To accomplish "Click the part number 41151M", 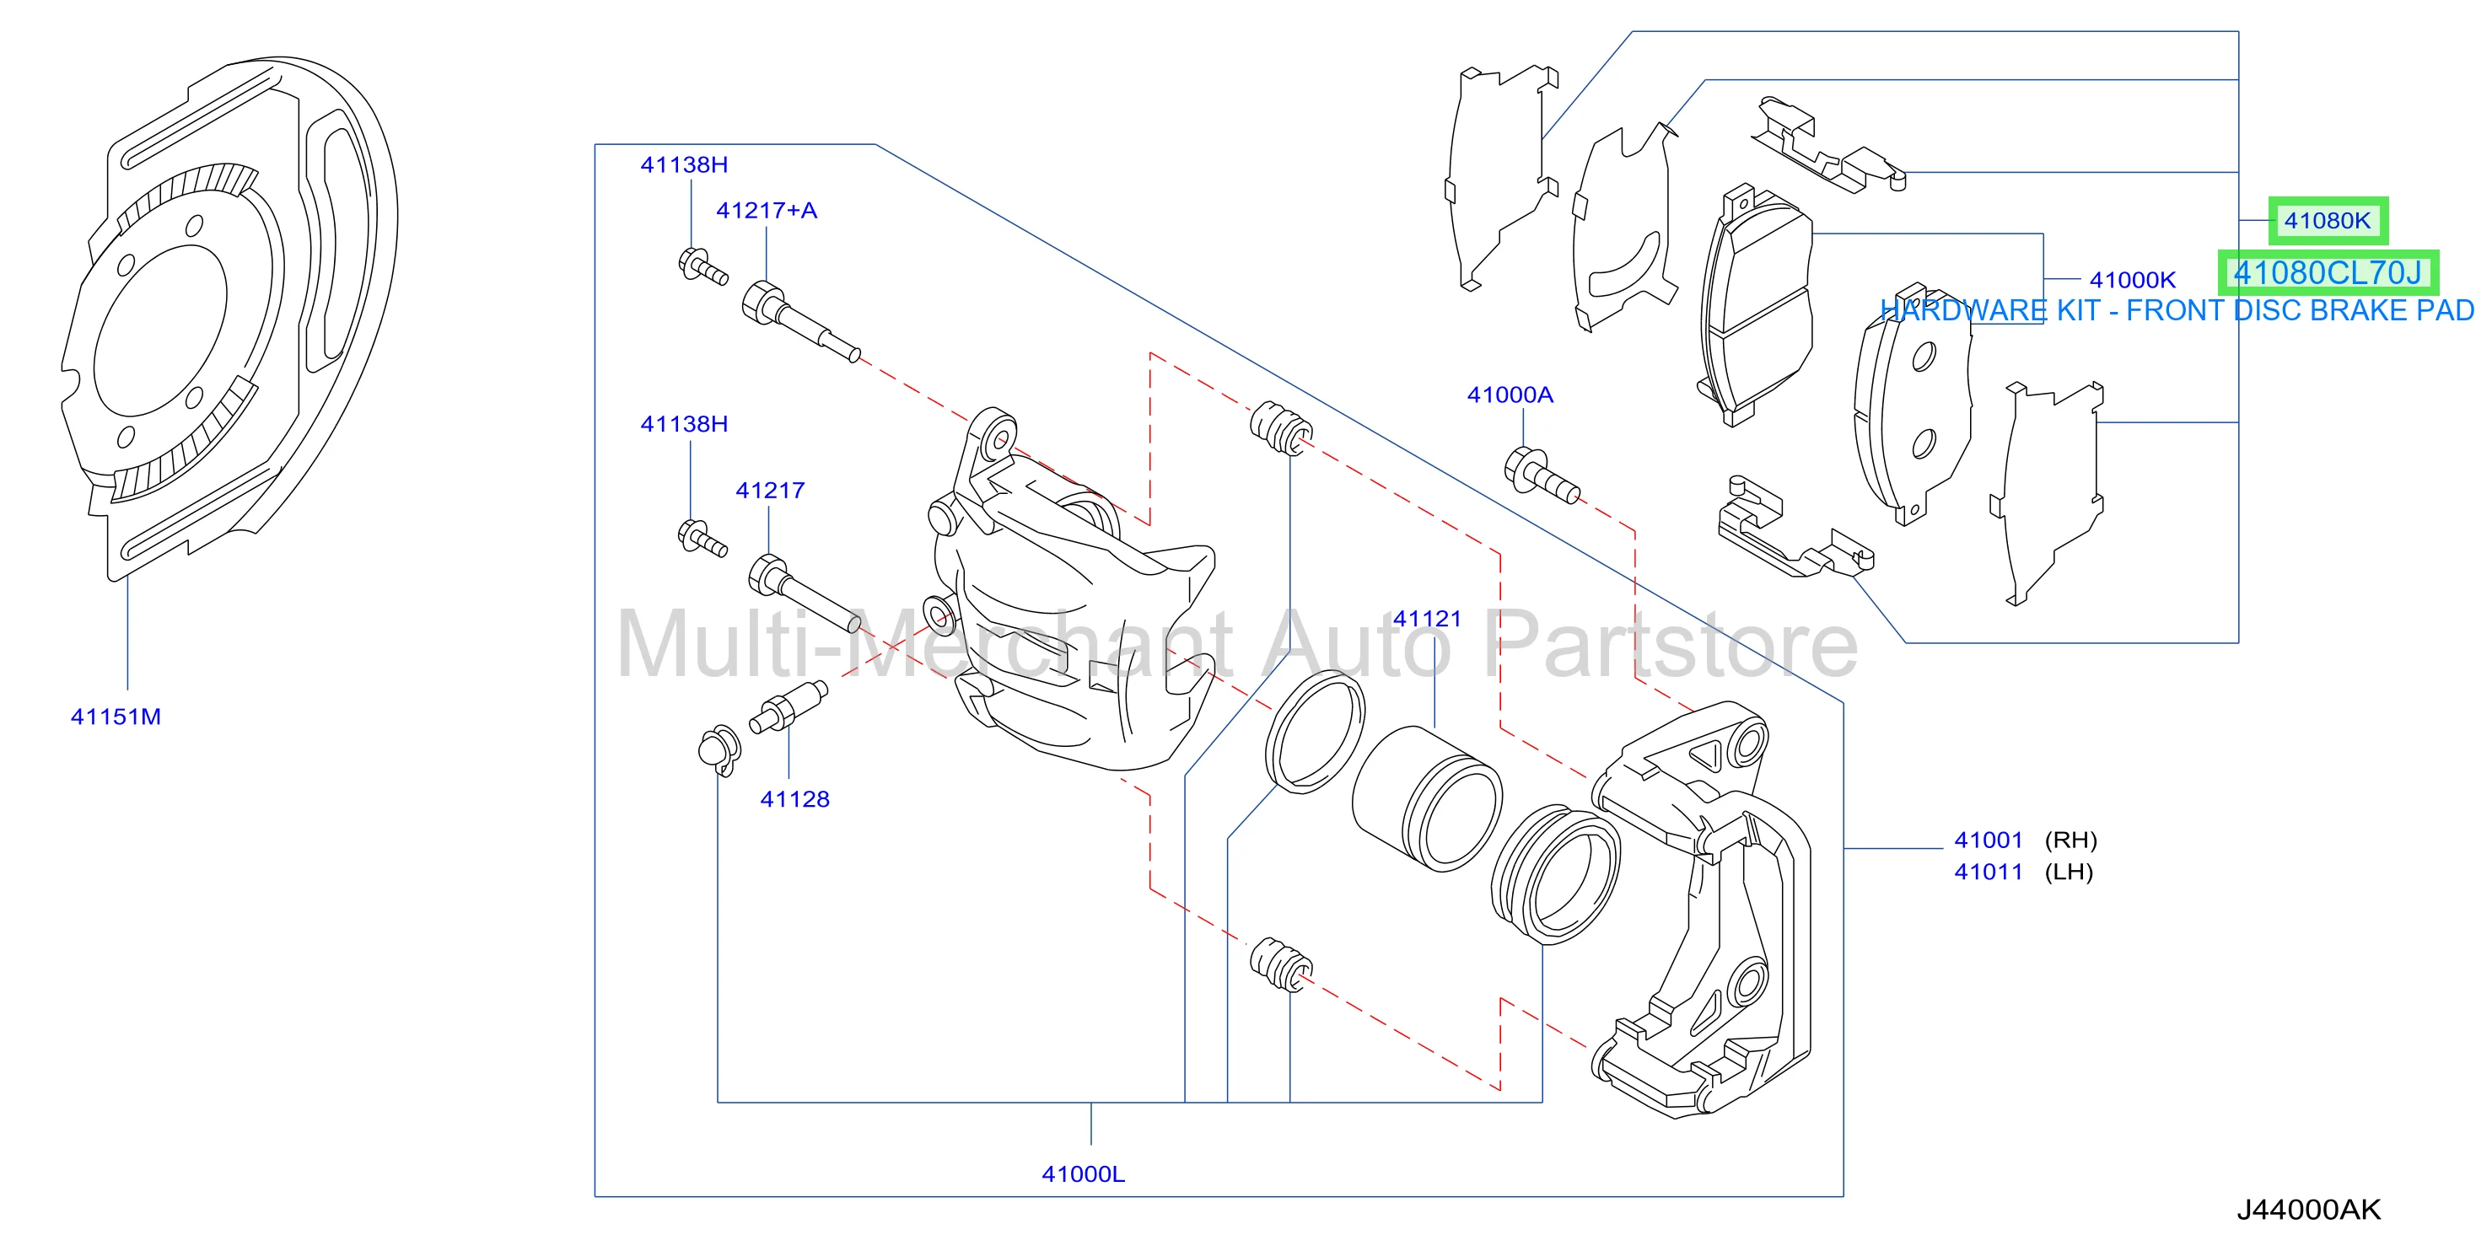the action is (x=116, y=717).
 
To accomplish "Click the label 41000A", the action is (x=1510, y=395).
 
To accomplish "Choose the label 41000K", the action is (x=2132, y=281).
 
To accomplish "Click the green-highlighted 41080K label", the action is (x=2327, y=221).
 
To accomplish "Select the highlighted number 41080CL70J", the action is (x=2327, y=273).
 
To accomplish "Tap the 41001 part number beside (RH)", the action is (x=1989, y=840).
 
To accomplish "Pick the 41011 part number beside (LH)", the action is (x=1989, y=872).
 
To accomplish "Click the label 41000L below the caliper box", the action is (x=1083, y=1174).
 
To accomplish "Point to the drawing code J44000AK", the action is (x=2309, y=1210).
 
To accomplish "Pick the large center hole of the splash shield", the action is (x=160, y=330).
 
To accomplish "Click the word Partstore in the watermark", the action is (x=1671, y=645).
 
